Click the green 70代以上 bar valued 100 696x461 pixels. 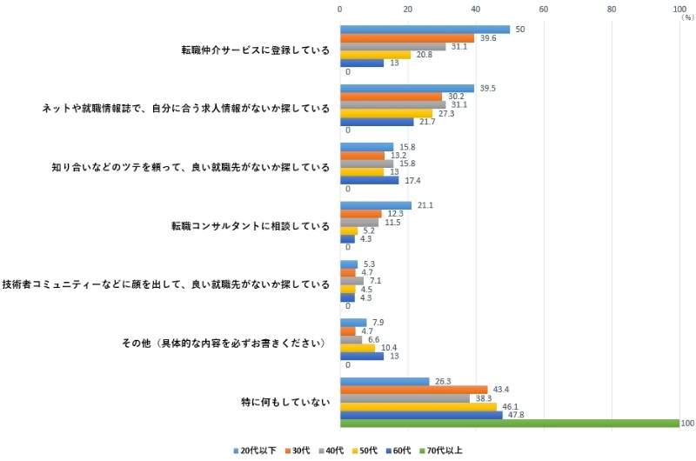click(509, 424)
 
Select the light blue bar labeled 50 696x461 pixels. click(425, 29)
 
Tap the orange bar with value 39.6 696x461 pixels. click(406, 38)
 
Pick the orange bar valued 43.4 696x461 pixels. click(413, 388)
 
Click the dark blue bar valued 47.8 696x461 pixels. click(420, 415)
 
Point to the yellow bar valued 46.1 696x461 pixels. click(418, 406)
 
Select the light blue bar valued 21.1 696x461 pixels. click(375, 205)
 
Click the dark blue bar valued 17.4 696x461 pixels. click(369, 180)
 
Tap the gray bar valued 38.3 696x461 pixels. click(405, 398)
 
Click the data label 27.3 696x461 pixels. click(444, 114)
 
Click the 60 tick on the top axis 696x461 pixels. click(543, 9)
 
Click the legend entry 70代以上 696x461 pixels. click(443, 451)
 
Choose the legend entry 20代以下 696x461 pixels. click(258, 451)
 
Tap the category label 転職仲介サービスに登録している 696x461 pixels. click(251, 50)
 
